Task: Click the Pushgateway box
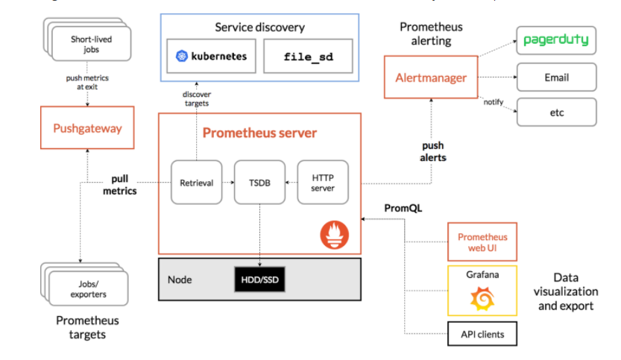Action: [x=87, y=128]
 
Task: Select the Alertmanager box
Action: [x=430, y=78]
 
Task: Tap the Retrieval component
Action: [x=197, y=182]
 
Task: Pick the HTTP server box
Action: [x=322, y=182]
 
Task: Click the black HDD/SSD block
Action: [x=259, y=280]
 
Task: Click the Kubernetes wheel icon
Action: [x=181, y=57]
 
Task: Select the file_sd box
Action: [x=308, y=57]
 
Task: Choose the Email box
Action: [x=556, y=78]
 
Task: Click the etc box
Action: [x=556, y=112]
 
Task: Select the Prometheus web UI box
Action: [x=482, y=241]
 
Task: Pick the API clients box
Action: [x=482, y=334]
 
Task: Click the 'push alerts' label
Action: [x=434, y=152]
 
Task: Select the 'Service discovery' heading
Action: [x=260, y=28]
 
